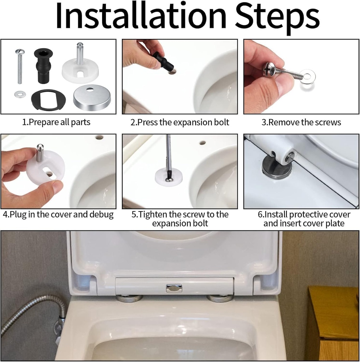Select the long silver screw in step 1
(20, 67)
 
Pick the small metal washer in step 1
(20, 94)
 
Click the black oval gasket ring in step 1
(48, 100)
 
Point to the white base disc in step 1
(80, 71)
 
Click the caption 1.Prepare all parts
(56, 122)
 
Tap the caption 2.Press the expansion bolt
(180, 122)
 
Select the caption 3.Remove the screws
(301, 122)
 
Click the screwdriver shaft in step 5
(169, 152)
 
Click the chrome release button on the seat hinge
(174, 288)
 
